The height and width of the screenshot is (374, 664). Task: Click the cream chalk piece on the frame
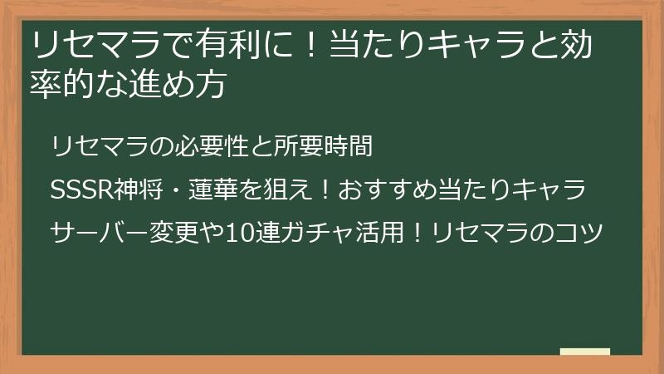584,352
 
